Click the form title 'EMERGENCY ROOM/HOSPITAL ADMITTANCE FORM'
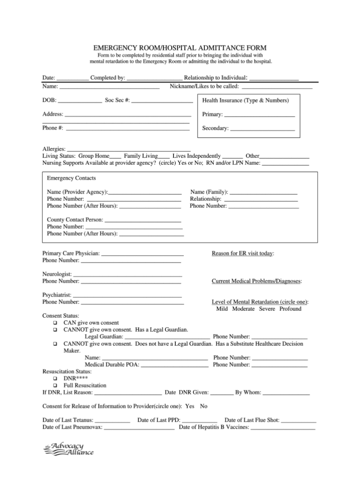[x=180, y=48]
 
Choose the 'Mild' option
[x=222, y=309]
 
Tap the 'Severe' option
[x=267, y=309]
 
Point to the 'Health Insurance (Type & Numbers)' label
[x=245, y=100]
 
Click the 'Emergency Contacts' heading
[x=71, y=178]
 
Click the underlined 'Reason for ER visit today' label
[x=242, y=253]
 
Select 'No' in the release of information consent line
[x=203, y=406]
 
